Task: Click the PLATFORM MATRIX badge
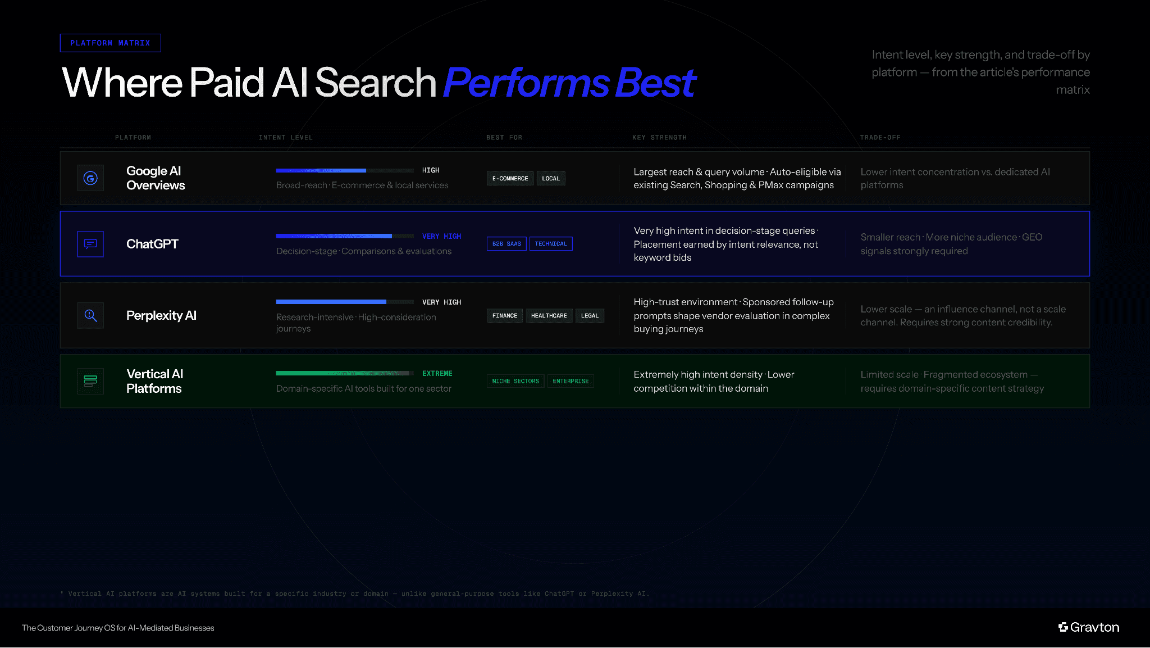pos(110,43)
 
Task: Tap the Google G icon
pos(90,178)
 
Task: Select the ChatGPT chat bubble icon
pos(90,244)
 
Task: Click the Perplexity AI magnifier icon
pos(90,315)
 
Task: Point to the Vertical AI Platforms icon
pos(90,381)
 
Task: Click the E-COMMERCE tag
pos(510,179)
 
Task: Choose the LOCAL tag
pos(551,179)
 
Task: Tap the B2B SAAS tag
pos(506,244)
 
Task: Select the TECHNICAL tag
pos(551,244)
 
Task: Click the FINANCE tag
pos(505,316)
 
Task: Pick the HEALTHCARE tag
pos(549,316)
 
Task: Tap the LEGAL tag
pos(590,316)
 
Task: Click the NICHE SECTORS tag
pos(515,381)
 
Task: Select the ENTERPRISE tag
pos(571,381)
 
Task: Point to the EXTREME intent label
pos(437,374)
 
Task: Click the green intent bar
pos(343,373)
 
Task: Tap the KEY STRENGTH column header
pos(659,138)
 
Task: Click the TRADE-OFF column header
pos(880,138)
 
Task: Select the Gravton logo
pos(1089,627)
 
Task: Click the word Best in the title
pos(655,83)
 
